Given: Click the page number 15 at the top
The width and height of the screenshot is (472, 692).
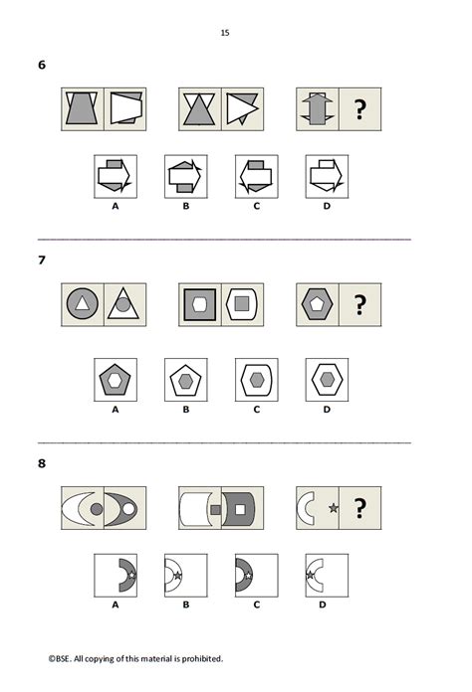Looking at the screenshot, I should [x=225, y=33].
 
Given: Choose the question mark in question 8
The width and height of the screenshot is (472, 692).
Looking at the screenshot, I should [x=358, y=508].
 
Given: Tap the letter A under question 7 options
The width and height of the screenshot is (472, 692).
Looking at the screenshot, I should [x=115, y=407].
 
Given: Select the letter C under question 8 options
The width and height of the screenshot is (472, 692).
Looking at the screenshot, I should [x=256, y=604].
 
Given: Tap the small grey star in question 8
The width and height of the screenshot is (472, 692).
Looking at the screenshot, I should [x=333, y=509].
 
